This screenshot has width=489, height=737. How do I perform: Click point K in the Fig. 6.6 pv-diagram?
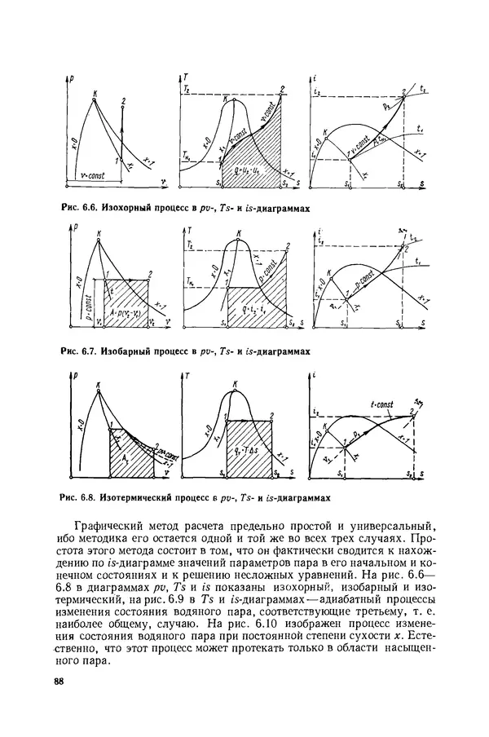[x=96, y=91]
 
